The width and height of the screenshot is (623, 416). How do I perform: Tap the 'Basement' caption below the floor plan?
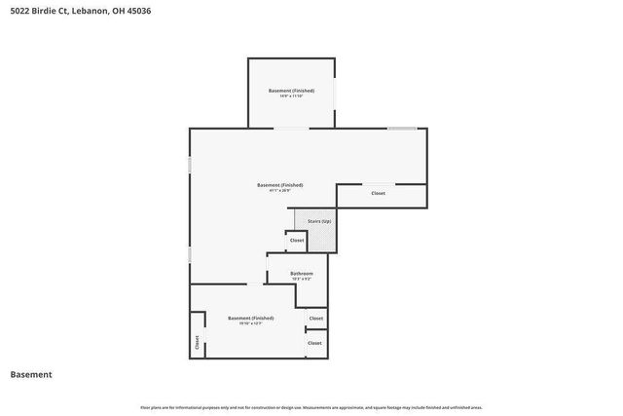pos(30,374)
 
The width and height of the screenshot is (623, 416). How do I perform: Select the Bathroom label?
pos(302,274)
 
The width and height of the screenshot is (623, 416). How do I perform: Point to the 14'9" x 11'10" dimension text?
pos(291,96)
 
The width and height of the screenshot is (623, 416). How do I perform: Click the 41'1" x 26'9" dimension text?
pos(279,191)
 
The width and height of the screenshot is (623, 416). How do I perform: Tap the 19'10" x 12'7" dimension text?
pos(250,323)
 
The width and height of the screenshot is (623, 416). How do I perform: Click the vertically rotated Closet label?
pos(197,342)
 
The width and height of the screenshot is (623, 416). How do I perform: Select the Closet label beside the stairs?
pos(296,240)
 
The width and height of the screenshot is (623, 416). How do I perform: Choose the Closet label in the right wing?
pos(378,194)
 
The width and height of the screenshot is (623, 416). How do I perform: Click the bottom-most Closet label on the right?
pos(314,343)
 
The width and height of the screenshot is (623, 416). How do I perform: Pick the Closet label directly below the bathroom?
pos(315,319)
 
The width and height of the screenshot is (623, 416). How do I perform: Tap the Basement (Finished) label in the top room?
pos(291,91)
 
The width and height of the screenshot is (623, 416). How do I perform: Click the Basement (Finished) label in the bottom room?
pos(250,318)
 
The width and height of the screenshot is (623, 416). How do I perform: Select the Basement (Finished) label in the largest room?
pos(279,185)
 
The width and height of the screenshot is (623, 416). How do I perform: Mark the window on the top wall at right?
pos(402,129)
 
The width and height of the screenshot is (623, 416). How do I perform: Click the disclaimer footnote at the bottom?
pos(311,407)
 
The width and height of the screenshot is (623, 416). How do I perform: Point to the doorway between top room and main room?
pos(291,129)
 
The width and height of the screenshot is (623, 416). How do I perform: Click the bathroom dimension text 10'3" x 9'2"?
pos(302,280)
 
